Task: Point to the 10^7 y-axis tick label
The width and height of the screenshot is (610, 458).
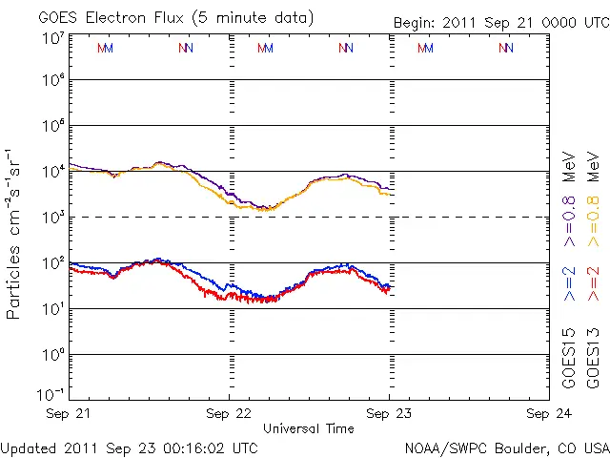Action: click(x=52, y=38)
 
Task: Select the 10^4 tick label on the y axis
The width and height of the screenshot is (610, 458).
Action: click(x=52, y=172)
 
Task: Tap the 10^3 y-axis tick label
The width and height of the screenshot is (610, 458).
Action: click(x=52, y=217)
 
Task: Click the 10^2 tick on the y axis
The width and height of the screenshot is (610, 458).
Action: click(x=52, y=262)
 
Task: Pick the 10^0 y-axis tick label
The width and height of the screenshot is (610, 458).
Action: click(x=52, y=354)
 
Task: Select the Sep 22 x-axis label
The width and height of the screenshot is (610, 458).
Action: click(x=229, y=414)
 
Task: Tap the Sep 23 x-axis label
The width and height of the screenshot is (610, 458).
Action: click(x=388, y=414)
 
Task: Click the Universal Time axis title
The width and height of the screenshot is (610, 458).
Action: click(x=309, y=428)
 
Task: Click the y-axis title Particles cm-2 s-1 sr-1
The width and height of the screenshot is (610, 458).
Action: click(x=15, y=234)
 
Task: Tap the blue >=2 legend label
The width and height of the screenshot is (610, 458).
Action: click(x=568, y=284)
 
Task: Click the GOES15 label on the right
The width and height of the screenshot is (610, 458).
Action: click(x=568, y=358)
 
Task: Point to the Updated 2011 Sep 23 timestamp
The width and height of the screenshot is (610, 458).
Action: click(x=130, y=448)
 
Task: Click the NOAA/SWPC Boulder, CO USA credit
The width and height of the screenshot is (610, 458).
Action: click(x=506, y=448)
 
